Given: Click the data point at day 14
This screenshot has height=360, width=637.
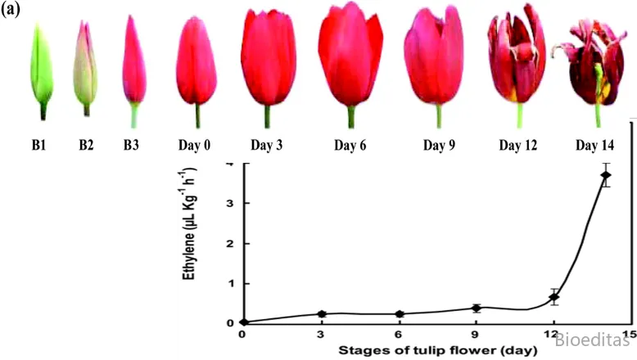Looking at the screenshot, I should pyautogui.click(x=606, y=175).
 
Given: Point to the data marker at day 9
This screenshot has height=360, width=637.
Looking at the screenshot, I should pyautogui.click(x=476, y=308).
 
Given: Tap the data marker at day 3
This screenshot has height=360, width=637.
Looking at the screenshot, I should pyautogui.click(x=321, y=314).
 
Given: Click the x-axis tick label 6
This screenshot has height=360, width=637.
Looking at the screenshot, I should pyautogui.click(x=399, y=335).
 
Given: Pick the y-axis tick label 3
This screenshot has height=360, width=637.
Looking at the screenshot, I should pyautogui.click(x=230, y=203).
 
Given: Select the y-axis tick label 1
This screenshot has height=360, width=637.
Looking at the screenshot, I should pyautogui.click(x=230, y=283).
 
